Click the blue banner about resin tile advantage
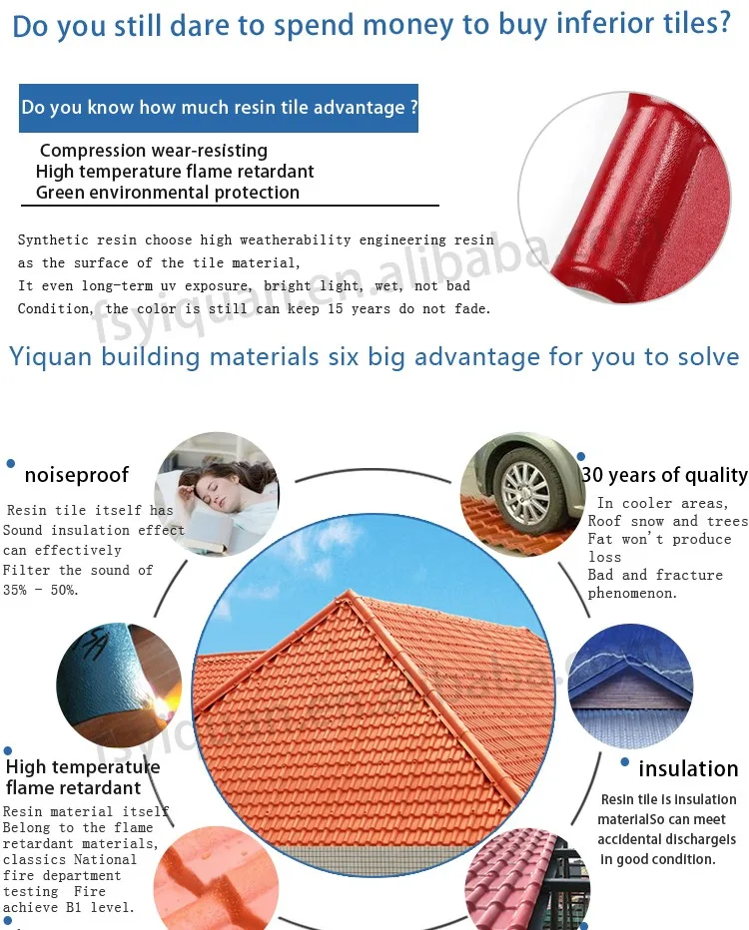coord(219,108)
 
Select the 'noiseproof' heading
coord(77,475)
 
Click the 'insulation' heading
coord(688,768)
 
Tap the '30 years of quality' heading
coord(665,475)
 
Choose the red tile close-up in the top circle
coord(624,198)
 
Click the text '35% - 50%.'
coord(40,590)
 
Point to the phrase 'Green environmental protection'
coord(168,193)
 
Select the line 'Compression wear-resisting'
coord(153,151)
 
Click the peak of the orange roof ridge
coord(351,593)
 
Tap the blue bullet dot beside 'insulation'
coord(624,762)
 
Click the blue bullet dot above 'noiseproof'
coord(10,464)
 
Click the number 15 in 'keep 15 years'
coord(335,309)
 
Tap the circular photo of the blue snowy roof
coord(630,687)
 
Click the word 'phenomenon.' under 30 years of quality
coord(632,593)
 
